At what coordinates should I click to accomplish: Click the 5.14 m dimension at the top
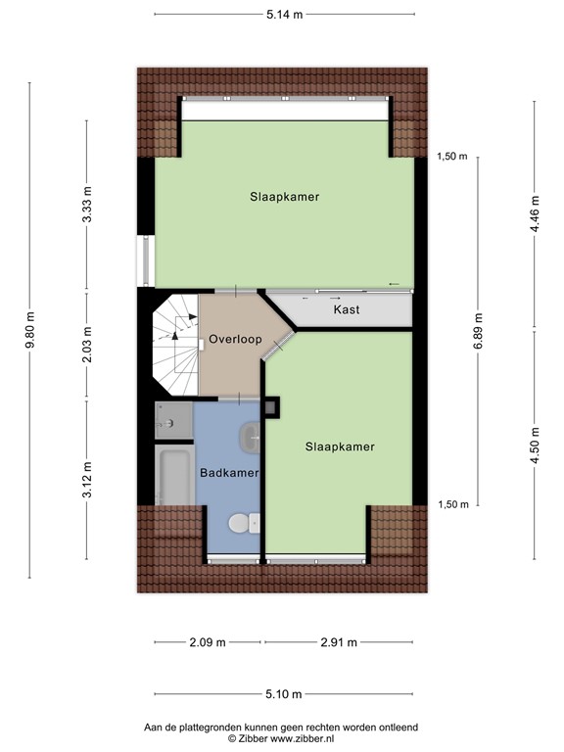pos(284,15)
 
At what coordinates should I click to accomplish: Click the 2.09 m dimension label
pos(207,642)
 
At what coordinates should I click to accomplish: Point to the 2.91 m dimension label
pos(337,642)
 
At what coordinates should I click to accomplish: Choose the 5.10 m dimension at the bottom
pos(284,695)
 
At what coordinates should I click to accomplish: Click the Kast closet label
pos(346,309)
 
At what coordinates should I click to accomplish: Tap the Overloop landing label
pos(235,340)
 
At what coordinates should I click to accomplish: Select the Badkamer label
pos(228,473)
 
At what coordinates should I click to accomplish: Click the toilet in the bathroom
pos(239,525)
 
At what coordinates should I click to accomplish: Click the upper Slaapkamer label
pos(283,197)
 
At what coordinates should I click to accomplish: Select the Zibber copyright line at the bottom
pos(281,739)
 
